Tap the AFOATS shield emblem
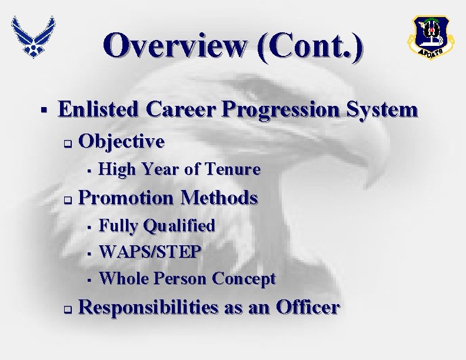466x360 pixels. [430, 38]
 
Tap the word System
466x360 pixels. [384, 109]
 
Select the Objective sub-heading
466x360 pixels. [121, 141]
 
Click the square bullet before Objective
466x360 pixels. [68, 143]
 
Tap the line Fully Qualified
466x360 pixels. [157, 225]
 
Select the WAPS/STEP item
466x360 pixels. [151, 252]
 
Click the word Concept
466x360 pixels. [244, 278]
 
